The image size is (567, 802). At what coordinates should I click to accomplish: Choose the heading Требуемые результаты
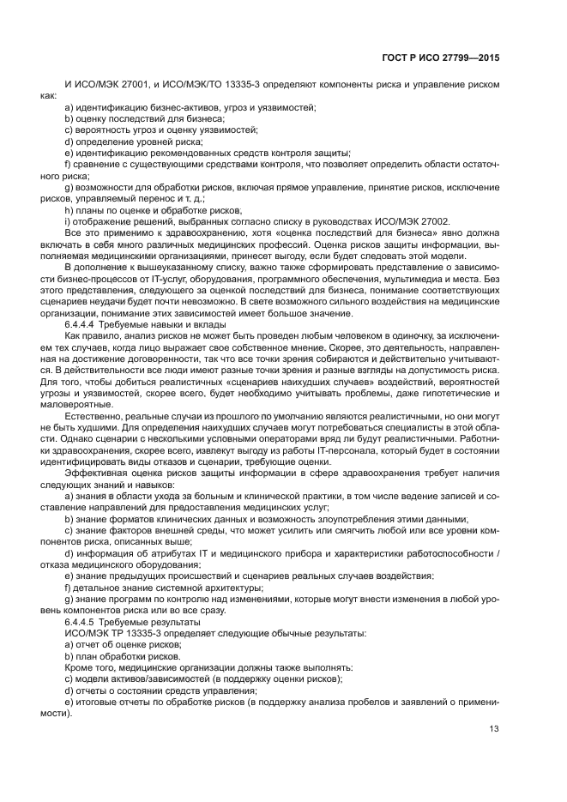point(143,620)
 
